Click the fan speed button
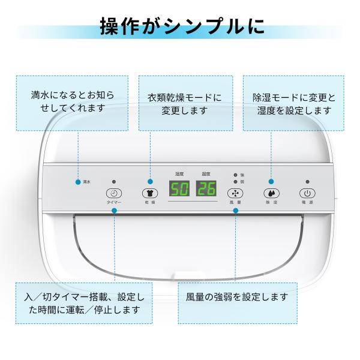point(235,193)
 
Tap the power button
point(307,193)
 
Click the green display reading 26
point(206,190)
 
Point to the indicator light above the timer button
point(114,181)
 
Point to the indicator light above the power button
point(307,181)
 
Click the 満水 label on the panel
point(86,181)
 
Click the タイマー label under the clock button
point(114,203)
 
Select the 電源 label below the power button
point(307,203)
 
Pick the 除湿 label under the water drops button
point(271,203)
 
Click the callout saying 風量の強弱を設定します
point(238,297)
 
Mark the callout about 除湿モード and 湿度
point(293,103)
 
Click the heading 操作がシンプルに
point(180,28)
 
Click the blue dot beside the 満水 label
point(79,181)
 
